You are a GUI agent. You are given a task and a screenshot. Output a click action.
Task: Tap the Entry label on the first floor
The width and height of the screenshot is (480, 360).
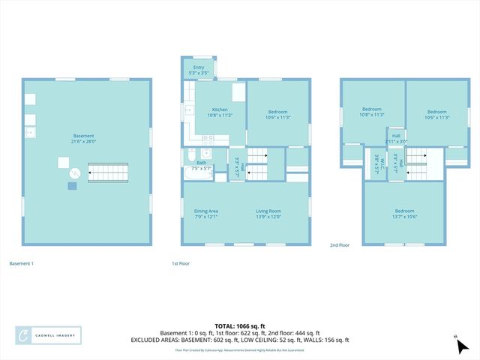click(199, 70)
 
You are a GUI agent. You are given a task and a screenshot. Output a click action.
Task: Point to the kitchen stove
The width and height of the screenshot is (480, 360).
click(209, 138)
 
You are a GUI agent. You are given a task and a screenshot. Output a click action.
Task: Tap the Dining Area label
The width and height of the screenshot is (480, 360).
click(205, 214)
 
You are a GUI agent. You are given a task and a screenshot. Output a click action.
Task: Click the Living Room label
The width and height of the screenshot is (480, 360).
click(268, 214)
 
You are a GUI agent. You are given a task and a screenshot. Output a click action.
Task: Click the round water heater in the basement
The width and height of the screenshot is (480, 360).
click(74, 173)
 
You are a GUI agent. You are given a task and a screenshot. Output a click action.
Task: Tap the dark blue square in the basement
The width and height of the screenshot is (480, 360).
click(71, 184)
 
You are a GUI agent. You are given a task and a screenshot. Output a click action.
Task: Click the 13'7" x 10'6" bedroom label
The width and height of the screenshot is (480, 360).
click(403, 214)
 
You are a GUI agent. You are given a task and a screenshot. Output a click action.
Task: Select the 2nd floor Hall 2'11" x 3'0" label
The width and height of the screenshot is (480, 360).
click(395, 139)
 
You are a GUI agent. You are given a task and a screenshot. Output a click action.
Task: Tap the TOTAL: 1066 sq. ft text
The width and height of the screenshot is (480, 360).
click(239, 326)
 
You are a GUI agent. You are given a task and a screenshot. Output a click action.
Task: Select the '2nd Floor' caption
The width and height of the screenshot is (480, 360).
click(340, 244)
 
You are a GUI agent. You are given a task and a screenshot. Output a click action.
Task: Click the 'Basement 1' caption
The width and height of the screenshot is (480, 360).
click(21, 263)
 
